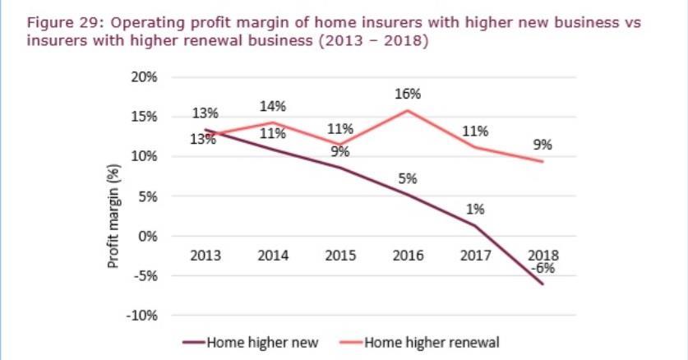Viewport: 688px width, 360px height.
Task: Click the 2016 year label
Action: tap(408, 256)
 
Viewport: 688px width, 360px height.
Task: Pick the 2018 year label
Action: tap(543, 255)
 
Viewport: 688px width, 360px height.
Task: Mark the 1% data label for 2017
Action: tap(475, 209)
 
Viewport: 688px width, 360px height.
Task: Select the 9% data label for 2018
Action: tap(543, 145)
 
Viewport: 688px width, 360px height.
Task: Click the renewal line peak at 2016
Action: tap(408, 110)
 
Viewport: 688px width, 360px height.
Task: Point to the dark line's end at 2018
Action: tap(543, 284)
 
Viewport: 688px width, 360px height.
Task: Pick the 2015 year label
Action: tap(340, 256)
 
